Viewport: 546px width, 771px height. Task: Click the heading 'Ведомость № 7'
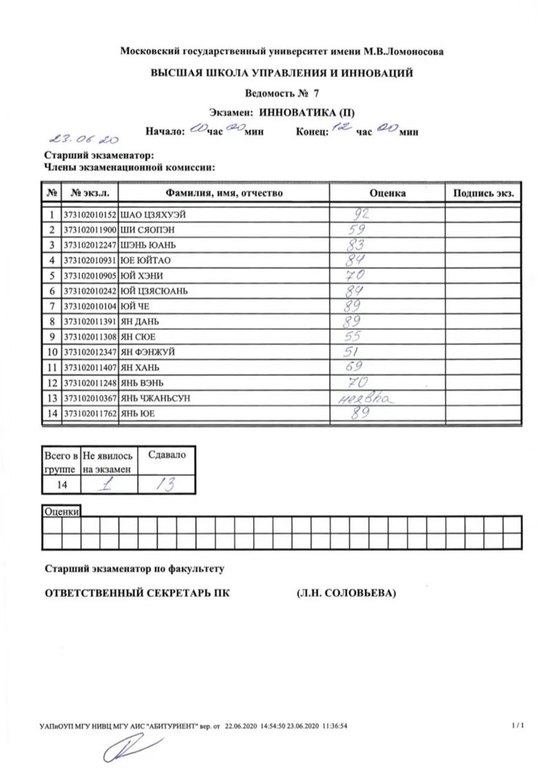tap(282, 93)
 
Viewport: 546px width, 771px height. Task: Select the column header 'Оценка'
tap(387, 193)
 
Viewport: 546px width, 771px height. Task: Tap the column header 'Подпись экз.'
tap(483, 193)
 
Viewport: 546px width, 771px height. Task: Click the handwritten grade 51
tap(352, 351)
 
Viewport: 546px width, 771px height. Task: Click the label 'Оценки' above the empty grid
tap(62, 511)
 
